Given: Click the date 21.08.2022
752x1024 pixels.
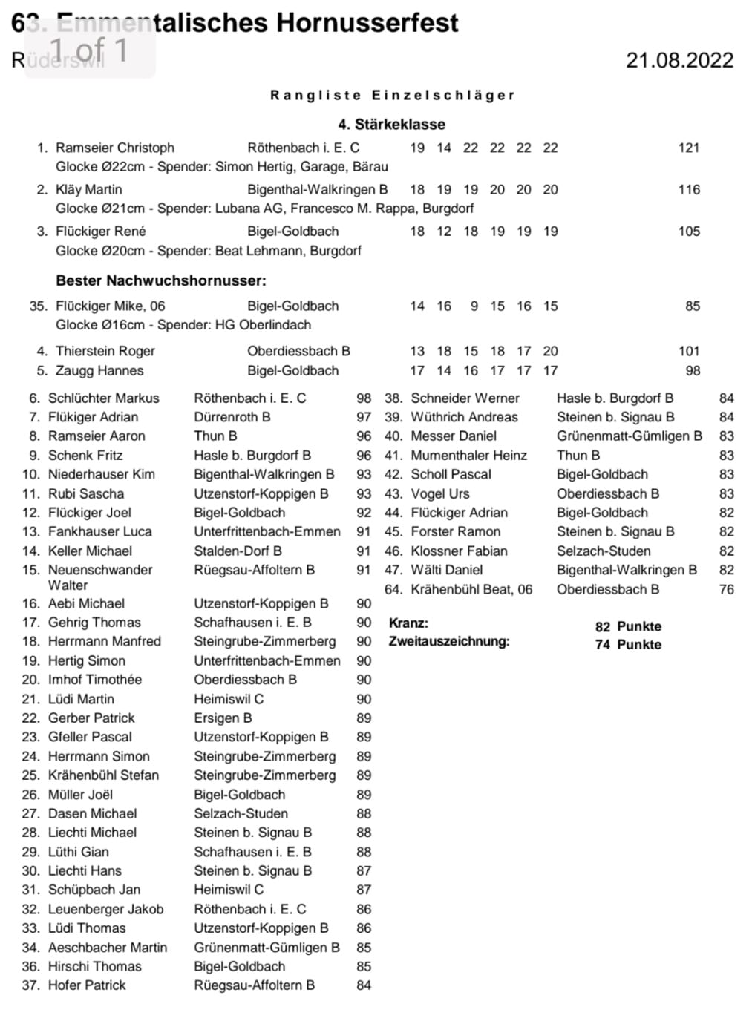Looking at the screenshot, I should coord(679,60).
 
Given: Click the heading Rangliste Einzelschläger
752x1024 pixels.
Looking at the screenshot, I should coord(392,95).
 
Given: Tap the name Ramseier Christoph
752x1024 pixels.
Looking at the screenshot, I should coord(115,148).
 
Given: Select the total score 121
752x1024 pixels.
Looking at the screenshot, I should coord(688,148).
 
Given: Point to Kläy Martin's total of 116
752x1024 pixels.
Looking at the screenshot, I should coord(688,189).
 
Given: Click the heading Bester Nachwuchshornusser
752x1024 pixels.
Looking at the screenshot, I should coord(160,280).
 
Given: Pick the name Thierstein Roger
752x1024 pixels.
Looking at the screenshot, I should coord(105,351).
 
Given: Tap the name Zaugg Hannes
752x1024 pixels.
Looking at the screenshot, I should coord(99,370).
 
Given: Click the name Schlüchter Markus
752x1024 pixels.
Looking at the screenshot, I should coord(103,398).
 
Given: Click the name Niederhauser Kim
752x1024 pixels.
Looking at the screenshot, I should coord(101,474).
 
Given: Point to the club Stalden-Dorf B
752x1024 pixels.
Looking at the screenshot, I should coord(238,551).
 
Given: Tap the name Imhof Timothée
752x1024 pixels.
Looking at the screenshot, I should coord(94,680).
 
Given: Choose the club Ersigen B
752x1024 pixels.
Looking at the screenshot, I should coord(223,718).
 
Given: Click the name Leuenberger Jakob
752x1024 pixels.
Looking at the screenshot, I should coord(105,909).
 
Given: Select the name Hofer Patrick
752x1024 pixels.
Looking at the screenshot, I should coord(87,985).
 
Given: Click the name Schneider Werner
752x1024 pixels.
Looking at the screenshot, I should coord(465,398).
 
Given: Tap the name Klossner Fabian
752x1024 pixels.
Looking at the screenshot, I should coord(459,551).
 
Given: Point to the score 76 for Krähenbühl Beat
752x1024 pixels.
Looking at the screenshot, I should coord(726,589).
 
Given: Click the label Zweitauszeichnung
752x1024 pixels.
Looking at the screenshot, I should coord(449,641).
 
